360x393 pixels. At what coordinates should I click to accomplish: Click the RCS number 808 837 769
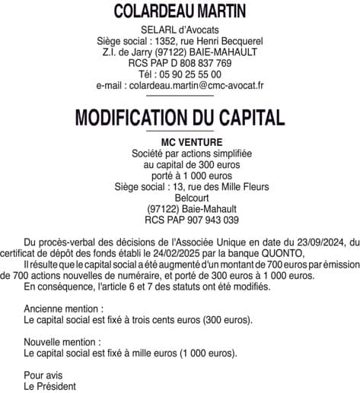[198, 63]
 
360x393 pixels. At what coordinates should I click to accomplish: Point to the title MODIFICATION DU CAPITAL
[180, 117]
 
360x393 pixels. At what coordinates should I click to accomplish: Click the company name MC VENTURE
[180, 142]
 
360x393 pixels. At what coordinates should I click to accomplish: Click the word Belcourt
[180, 198]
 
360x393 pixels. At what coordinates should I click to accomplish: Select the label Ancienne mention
[63, 310]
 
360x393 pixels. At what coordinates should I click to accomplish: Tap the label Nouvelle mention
[62, 343]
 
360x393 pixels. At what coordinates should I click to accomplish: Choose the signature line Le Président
[50, 386]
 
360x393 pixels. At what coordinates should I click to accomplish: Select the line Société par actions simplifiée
[180, 154]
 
